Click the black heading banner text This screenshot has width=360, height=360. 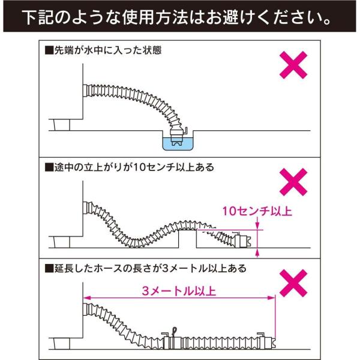tap(180, 16)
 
